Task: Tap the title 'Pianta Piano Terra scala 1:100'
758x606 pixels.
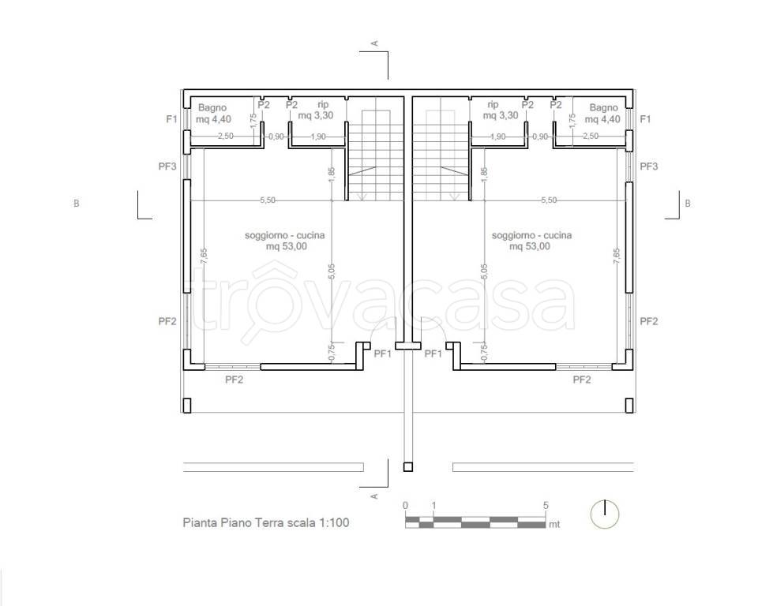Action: point(266,522)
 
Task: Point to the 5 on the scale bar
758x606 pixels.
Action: point(546,506)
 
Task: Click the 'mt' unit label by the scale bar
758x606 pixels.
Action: point(554,524)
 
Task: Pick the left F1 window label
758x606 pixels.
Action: point(171,119)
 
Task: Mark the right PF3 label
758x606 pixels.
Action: point(649,166)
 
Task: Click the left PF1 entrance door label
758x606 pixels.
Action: point(383,353)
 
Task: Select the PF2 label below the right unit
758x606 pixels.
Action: point(582,380)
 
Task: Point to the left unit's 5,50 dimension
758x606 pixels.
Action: point(268,200)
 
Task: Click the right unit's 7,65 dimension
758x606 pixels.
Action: point(617,256)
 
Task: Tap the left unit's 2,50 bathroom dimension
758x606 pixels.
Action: point(225,137)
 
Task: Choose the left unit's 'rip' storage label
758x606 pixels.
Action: point(323,104)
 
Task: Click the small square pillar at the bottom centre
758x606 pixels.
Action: point(408,467)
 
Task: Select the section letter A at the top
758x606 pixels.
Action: point(373,43)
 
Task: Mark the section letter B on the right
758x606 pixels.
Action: point(688,204)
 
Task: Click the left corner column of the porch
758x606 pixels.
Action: point(186,406)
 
